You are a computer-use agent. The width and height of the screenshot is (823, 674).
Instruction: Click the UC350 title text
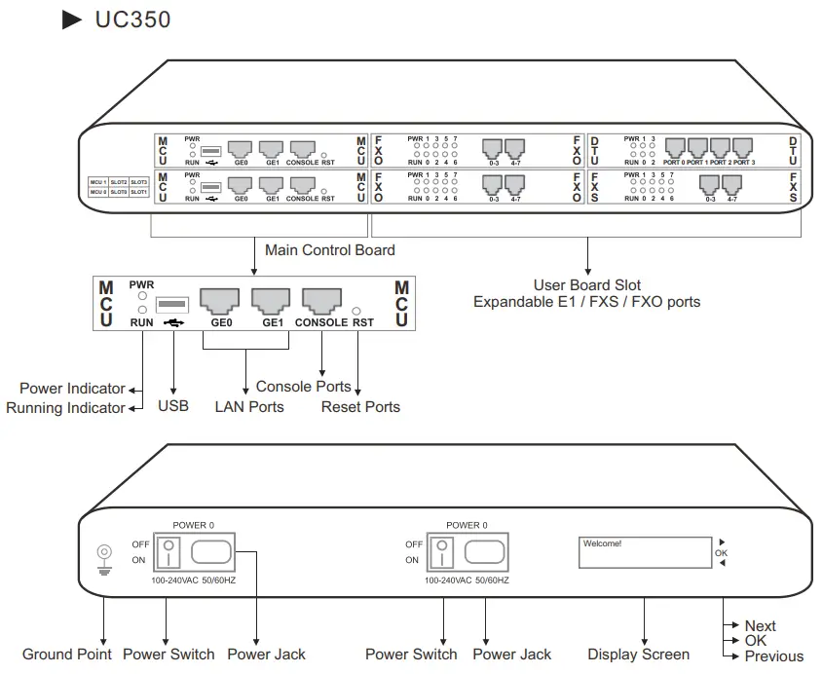(x=132, y=19)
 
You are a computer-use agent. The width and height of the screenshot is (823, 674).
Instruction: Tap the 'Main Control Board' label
(x=329, y=250)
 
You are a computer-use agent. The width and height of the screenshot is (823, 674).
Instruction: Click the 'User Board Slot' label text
(x=586, y=285)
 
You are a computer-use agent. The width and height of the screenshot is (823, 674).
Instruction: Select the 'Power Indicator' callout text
(x=72, y=389)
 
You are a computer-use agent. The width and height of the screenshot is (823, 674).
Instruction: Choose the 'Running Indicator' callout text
(x=65, y=408)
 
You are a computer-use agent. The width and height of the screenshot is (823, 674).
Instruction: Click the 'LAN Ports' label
(x=249, y=406)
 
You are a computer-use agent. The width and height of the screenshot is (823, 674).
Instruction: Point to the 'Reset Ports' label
(x=360, y=406)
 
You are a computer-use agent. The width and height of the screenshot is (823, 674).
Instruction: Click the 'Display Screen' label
(x=638, y=655)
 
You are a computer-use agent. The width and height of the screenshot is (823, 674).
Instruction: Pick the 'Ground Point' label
(x=67, y=654)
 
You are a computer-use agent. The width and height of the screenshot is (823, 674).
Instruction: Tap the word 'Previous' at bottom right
(x=773, y=656)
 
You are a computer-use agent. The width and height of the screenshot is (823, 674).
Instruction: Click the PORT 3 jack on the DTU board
(x=743, y=147)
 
